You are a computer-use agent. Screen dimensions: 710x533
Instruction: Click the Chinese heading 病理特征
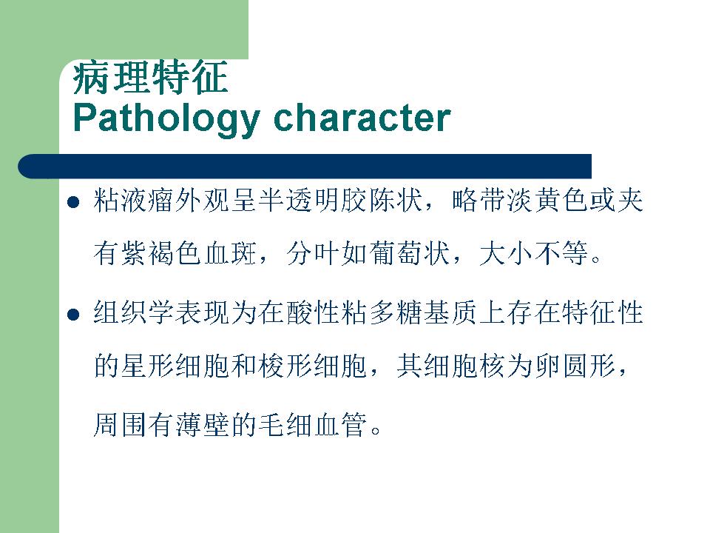[x=150, y=78]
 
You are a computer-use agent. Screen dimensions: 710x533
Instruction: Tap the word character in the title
[x=362, y=118]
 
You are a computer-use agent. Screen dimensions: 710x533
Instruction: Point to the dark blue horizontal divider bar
[x=305, y=167]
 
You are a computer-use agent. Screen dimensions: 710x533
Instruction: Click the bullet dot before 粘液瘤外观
[x=73, y=201]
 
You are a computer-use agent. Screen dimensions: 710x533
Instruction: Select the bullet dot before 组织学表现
[x=73, y=314]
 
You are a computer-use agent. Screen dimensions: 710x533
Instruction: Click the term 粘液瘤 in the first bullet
[x=134, y=201]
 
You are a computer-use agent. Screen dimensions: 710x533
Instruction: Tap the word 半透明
[x=300, y=201]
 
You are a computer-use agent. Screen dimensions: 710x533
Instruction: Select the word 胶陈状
[x=382, y=201]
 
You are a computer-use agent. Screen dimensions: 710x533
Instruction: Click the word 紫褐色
[x=162, y=253]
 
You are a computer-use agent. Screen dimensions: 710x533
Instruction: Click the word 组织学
[x=134, y=312]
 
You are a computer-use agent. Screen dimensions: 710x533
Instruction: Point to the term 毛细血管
[x=314, y=425]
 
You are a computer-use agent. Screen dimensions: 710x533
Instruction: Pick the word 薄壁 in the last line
[x=203, y=425]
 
